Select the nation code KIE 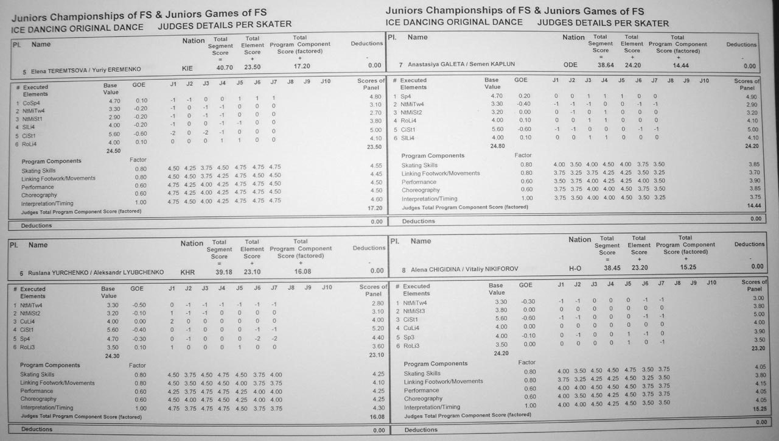[x=187, y=69]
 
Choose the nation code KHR [x=187, y=272]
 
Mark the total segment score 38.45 [x=607, y=267]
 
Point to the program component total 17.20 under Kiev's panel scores [x=375, y=208]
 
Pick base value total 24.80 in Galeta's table [x=496, y=146]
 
